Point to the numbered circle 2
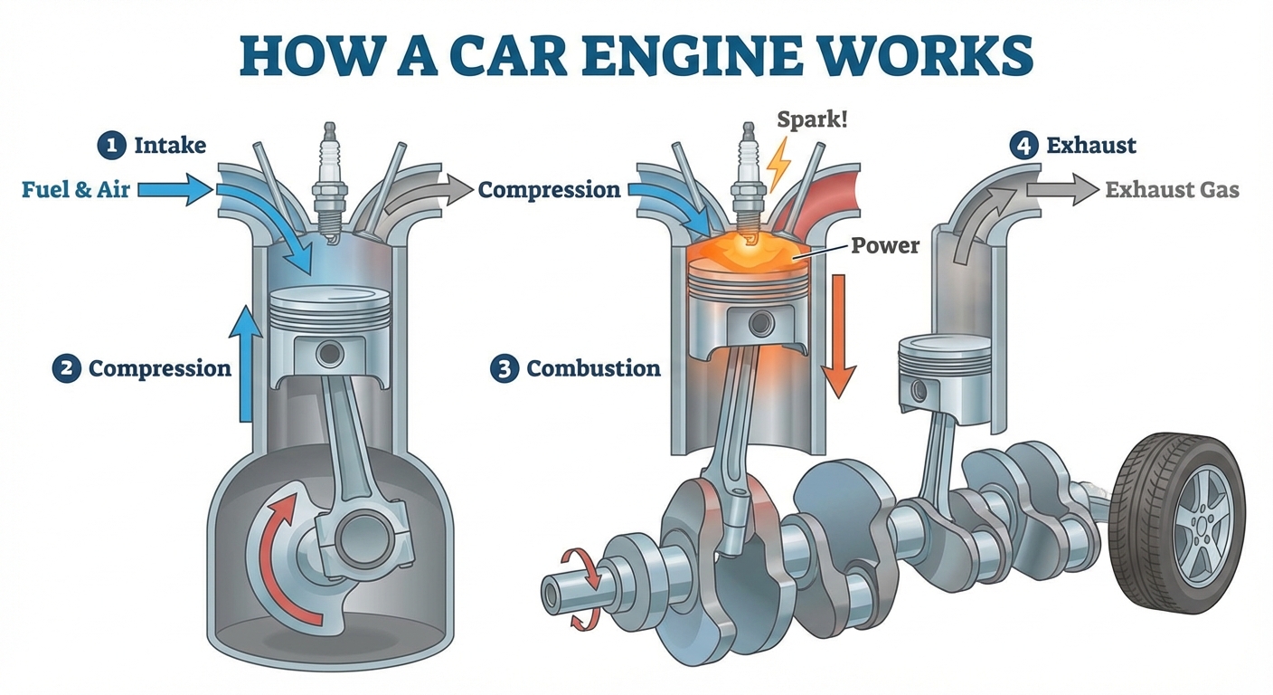(65, 368)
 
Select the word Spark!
(813, 119)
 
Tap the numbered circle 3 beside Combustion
(504, 368)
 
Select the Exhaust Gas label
(1173, 190)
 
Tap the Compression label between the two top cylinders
(549, 190)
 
